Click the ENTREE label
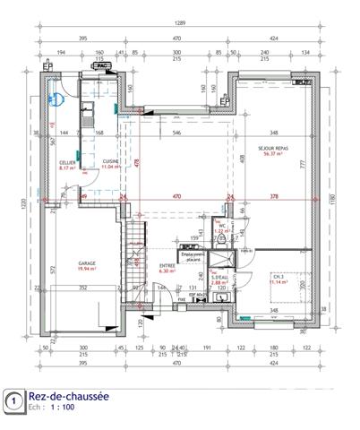tap(167, 265)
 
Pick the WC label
tap(219, 225)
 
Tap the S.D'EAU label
tap(219, 278)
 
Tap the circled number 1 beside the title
tap(13, 400)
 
